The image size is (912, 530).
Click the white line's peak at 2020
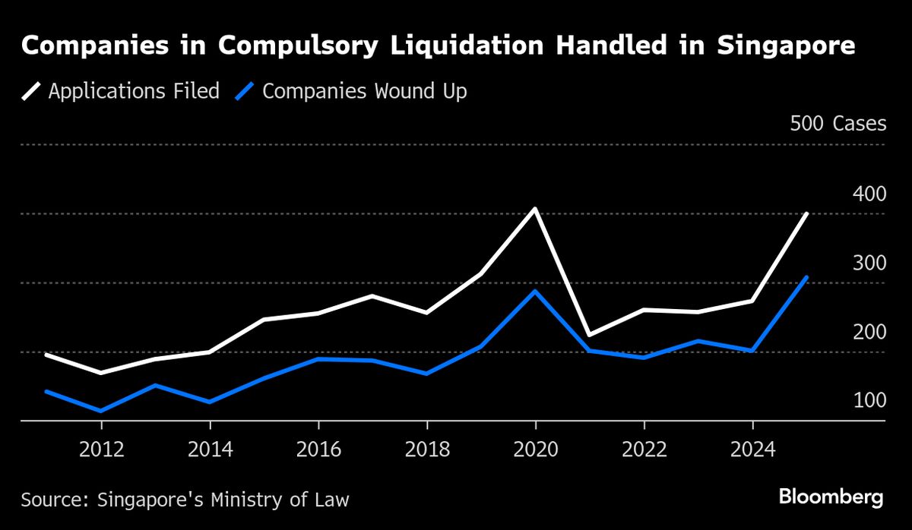pos(535,209)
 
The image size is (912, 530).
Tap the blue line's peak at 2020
pos(535,292)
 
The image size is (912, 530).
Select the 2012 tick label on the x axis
pos(101,449)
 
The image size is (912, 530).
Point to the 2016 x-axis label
pos(318,449)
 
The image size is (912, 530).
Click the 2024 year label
pos(752,449)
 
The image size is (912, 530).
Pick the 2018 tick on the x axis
pos(427,449)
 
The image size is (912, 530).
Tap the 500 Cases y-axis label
pos(838,124)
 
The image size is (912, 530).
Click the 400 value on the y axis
pos(869,194)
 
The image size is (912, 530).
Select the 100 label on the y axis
pos(869,400)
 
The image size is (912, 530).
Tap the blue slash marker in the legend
pos(243,92)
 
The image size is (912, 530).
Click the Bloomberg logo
pos(831,498)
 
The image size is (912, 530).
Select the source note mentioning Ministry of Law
pos(185,500)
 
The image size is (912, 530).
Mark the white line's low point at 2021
pos(590,335)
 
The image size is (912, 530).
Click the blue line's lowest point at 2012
pos(101,411)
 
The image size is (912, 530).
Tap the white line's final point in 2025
pos(806,214)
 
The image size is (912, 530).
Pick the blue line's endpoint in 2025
pos(806,277)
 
